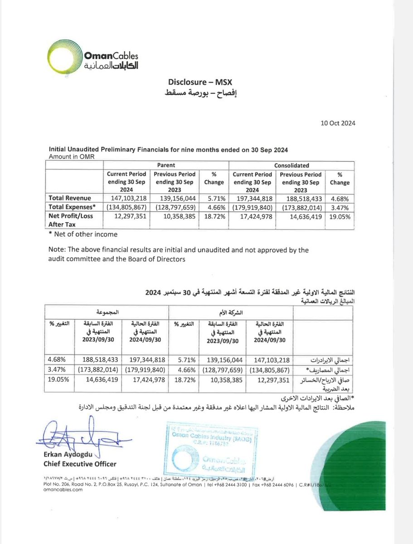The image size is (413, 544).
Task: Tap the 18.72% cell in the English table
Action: point(214,216)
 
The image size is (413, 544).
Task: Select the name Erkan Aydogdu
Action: point(69,455)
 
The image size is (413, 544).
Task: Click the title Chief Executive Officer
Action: point(80,464)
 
